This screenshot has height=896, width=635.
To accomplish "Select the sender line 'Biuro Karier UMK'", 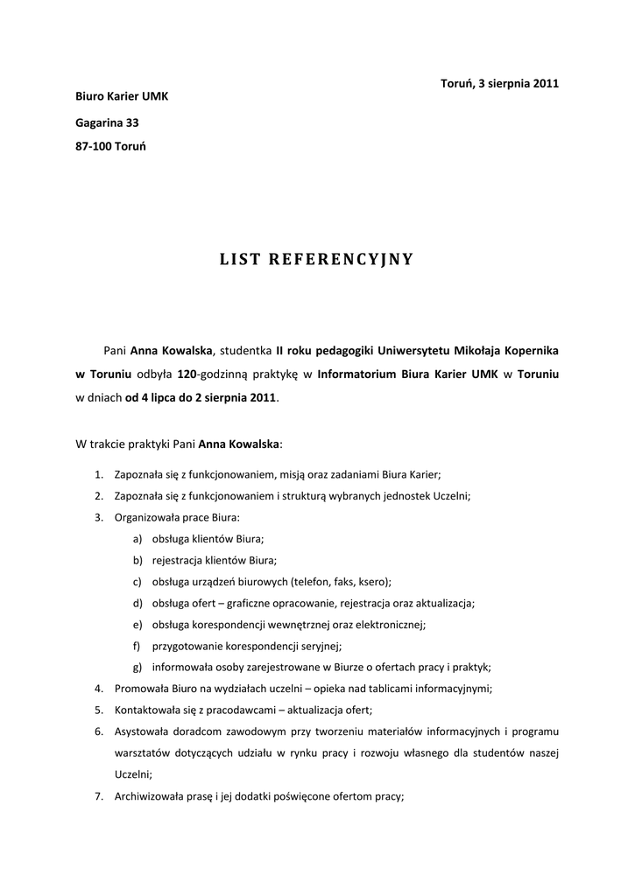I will pyautogui.click(x=122, y=96).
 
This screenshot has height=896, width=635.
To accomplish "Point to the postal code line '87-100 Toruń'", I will pyautogui.click(x=111, y=147).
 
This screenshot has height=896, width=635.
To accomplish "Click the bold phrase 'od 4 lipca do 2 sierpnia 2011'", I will pyautogui.click(x=201, y=397).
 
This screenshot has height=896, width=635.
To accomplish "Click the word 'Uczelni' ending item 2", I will pyautogui.click(x=452, y=495).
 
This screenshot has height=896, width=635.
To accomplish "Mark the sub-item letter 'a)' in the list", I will pyautogui.click(x=138, y=538).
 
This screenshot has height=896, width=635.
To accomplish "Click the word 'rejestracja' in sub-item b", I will pyautogui.click(x=180, y=560).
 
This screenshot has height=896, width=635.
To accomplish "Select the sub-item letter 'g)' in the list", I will pyautogui.click(x=138, y=668).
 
